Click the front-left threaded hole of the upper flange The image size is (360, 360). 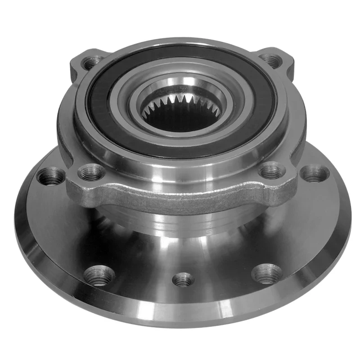click(x=91, y=172)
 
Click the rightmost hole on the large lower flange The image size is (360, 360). click(x=315, y=173)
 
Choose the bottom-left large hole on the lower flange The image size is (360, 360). click(x=99, y=275)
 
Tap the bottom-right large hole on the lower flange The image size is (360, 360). click(x=267, y=274)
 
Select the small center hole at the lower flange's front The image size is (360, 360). click(x=183, y=280)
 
